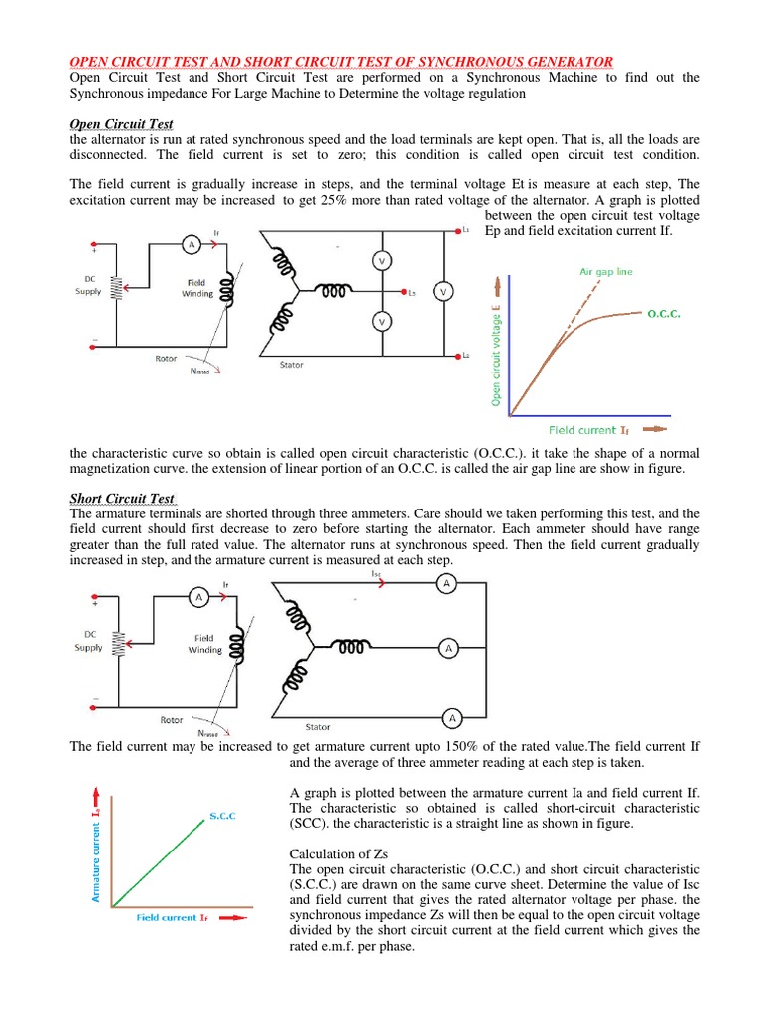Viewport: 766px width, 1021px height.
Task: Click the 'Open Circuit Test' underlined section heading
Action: (121, 124)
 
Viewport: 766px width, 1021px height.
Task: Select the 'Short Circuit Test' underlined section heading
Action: (123, 498)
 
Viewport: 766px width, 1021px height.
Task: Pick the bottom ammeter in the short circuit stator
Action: (451, 717)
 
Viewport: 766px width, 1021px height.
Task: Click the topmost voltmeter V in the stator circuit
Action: (380, 261)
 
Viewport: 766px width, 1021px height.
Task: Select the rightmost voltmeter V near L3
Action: (443, 292)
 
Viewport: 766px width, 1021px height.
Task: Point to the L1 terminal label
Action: (466, 231)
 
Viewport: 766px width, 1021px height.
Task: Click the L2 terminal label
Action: (466, 355)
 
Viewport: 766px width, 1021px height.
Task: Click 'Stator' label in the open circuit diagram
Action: (293, 365)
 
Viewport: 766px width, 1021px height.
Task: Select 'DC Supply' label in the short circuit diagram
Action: (88, 641)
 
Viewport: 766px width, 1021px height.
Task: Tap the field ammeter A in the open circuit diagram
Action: (190, 244)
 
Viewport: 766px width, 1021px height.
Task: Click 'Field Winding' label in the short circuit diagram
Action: (205, 643)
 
